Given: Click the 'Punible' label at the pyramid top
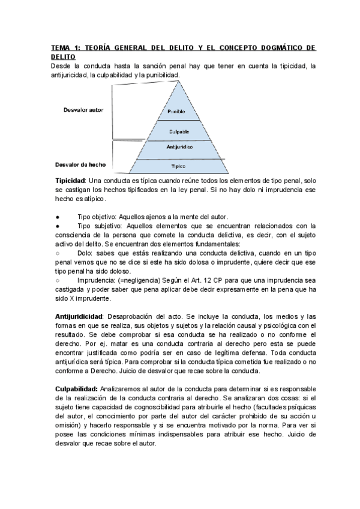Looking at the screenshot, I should tap(176, 112).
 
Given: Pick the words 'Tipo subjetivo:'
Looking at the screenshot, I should tap(99, 226).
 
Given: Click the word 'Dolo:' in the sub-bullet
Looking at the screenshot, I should tap(87, 253).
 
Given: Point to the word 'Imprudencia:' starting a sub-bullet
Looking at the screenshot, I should tap(97, 280).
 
